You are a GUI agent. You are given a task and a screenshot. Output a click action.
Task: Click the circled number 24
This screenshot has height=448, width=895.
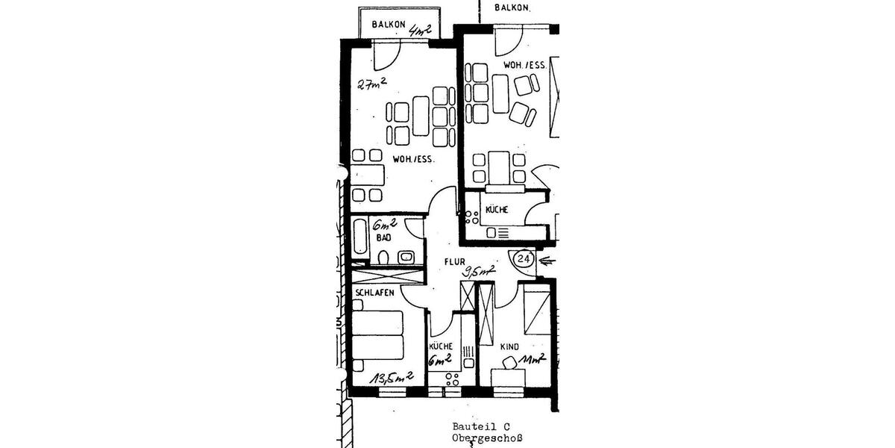[525, 259]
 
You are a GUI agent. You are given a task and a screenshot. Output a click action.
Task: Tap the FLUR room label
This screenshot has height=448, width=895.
[454, 262]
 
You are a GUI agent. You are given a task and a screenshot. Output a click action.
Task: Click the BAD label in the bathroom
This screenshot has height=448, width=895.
[383, 237]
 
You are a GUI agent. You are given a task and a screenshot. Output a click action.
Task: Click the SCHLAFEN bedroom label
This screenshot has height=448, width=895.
[374, 292]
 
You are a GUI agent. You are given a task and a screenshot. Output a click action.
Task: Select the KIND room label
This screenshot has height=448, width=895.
[509, 347]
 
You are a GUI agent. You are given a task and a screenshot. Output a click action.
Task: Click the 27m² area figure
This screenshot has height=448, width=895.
[371, 83]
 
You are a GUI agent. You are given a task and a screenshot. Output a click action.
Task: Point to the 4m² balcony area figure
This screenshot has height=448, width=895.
[421, 29]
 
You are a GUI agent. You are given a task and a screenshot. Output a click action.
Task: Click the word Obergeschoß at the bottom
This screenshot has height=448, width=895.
[487, 438]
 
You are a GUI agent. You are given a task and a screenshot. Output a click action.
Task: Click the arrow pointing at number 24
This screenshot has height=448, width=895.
[547, 261]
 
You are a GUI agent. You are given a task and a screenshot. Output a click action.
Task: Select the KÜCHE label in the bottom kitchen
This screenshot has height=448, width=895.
[441, 346]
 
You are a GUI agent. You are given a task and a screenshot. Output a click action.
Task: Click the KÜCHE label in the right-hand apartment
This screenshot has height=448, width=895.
[497, 210]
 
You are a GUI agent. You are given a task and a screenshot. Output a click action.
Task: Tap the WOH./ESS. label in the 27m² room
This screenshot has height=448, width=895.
[414, 159]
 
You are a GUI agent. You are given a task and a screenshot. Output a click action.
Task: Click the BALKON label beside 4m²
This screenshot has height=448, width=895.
[388, 25]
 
